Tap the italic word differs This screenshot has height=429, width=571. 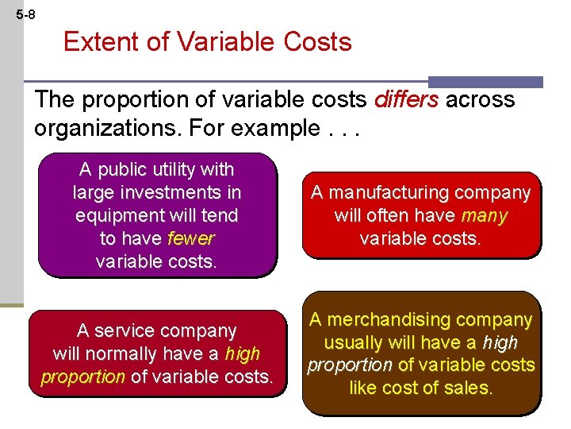(406, 99)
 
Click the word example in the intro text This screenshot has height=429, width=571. (270, 127)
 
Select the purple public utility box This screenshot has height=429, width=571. (157, 214)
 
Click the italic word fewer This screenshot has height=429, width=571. (192, 238)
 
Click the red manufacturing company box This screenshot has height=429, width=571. (420, 215)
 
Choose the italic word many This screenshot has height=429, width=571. (484, 215)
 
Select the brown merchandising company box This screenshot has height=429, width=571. (420, 354)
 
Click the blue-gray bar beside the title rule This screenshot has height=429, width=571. (485, 82)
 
